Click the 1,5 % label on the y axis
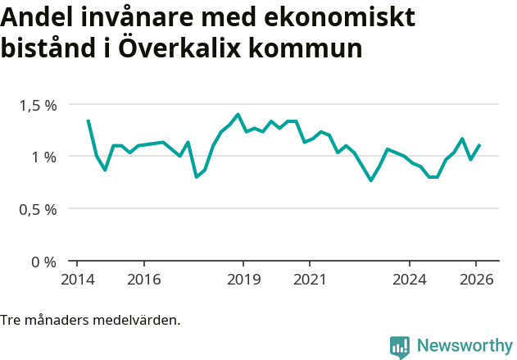tap(39, 105)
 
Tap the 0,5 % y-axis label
tap(39, 209)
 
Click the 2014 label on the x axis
tap(77, 279)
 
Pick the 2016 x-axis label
tap(143, 279)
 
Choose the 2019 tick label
tap(243, 279)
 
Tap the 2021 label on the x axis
tap(310, 279)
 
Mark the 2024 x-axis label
tap(410, 279)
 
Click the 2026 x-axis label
tap(476, 279)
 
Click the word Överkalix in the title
tap(178, 48)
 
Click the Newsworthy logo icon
tap(400, 347)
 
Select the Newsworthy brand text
tap(464, 346)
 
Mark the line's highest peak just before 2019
tap(238, 114)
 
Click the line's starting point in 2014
tap(88, 120)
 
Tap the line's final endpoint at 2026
tap(479, 145)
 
